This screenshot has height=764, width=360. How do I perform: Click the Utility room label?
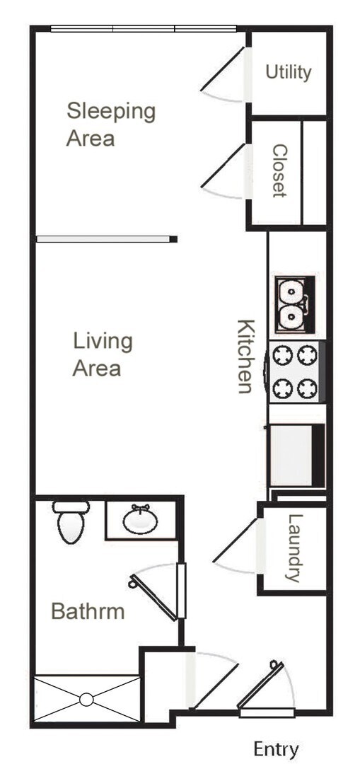click(x=289, y=71)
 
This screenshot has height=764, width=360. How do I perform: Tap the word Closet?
click(x=279, y=171)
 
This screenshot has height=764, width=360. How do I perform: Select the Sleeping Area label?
click(x=110, y=124)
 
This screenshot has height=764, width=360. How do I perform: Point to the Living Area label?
click(x=103, y=354)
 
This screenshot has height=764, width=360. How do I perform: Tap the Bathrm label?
click(x=88, y=611)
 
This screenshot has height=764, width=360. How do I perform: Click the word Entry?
click(x=276, y=749)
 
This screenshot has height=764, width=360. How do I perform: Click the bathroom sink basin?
click(x=140, y=521)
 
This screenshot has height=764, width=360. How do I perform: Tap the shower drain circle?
click(x=86, y=700)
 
